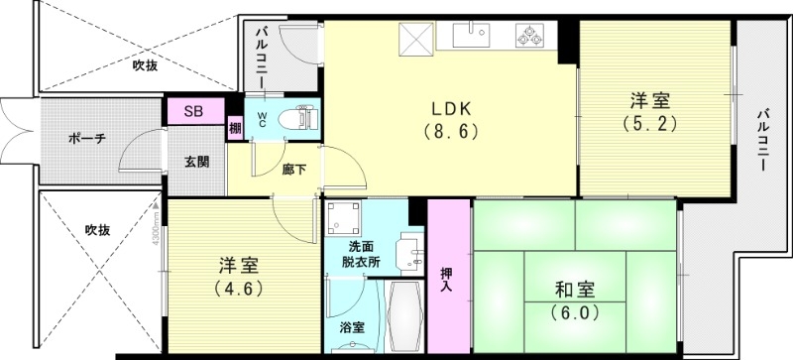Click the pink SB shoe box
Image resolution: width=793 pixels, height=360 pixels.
[193, 112]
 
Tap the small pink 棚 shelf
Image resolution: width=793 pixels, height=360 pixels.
[235, 127]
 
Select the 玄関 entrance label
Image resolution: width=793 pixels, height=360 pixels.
[195, 162]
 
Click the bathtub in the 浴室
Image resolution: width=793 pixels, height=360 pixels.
[402, 316]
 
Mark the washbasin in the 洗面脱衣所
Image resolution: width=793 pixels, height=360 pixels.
[406, 254]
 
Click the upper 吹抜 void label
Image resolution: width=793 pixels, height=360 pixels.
[145, 65]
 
